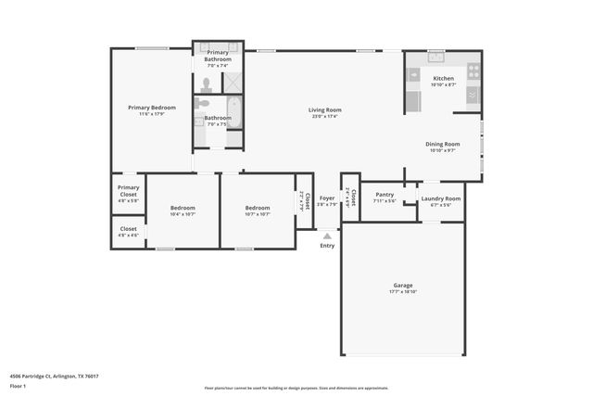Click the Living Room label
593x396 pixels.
pos(324,110)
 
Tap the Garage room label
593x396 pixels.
pos(402,285)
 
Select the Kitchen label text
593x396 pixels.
pos(443,79)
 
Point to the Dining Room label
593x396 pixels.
pos(442,144)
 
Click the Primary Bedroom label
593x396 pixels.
pos(151,108)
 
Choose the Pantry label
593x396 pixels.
pos(385,195)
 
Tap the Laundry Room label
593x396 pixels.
pos(440,198)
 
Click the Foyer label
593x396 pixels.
pos(326,198)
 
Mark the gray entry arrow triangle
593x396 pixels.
pos(326,236)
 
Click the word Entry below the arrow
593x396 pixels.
pos(327,246)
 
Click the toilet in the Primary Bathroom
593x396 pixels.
pos(207,83)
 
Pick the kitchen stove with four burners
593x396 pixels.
pos(473,70)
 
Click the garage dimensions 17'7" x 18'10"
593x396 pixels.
pos(402,291)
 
